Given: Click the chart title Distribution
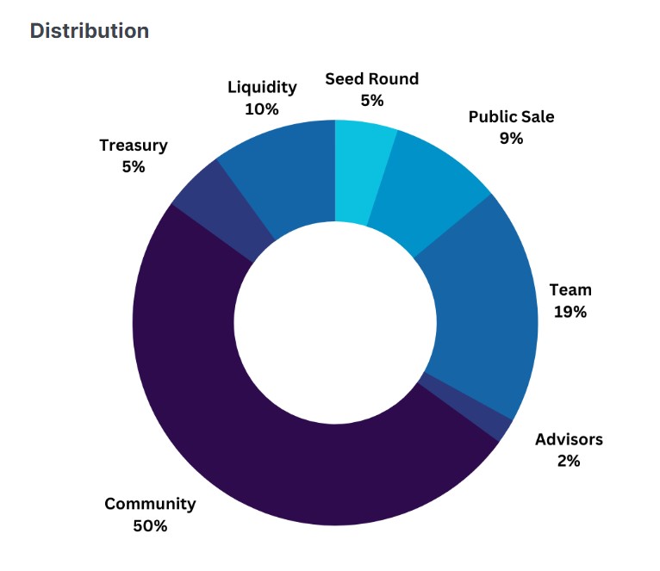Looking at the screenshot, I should [x=90, y=31].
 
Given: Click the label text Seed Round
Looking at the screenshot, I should [x=371, y=79].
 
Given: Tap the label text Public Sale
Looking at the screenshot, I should [x=511, y=116].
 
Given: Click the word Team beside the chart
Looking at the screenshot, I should [x=570, y=290].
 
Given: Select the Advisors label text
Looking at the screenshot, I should [x=569, y=439].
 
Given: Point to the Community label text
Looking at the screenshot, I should [x=150, y=504].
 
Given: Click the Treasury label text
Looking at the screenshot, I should [x=134, y=145].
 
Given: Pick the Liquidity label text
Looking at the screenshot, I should [x=262, y=87].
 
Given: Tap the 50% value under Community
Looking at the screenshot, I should [x=150, y=525].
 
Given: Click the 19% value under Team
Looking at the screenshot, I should [x=570, y=312].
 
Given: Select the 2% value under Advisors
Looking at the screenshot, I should [x=569, y=461].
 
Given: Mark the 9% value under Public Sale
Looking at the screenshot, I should [x=511, y=138].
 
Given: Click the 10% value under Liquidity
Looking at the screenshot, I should [x=262, y=109].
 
